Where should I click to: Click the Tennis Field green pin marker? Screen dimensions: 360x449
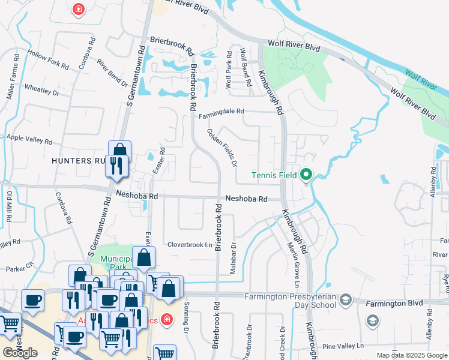click(x=306, y=175)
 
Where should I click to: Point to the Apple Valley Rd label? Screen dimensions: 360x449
click(x=29, y=140)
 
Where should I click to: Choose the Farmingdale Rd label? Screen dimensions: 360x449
click(x=222, y=111)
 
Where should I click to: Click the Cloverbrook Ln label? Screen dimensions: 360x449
click(x=190, y=245)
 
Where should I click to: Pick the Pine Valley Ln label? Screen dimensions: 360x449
click(x=343, y=346)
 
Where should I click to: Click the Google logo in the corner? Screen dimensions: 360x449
click(x=20, y=353)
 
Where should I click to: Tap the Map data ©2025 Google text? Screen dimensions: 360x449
click(x=412, y=355)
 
